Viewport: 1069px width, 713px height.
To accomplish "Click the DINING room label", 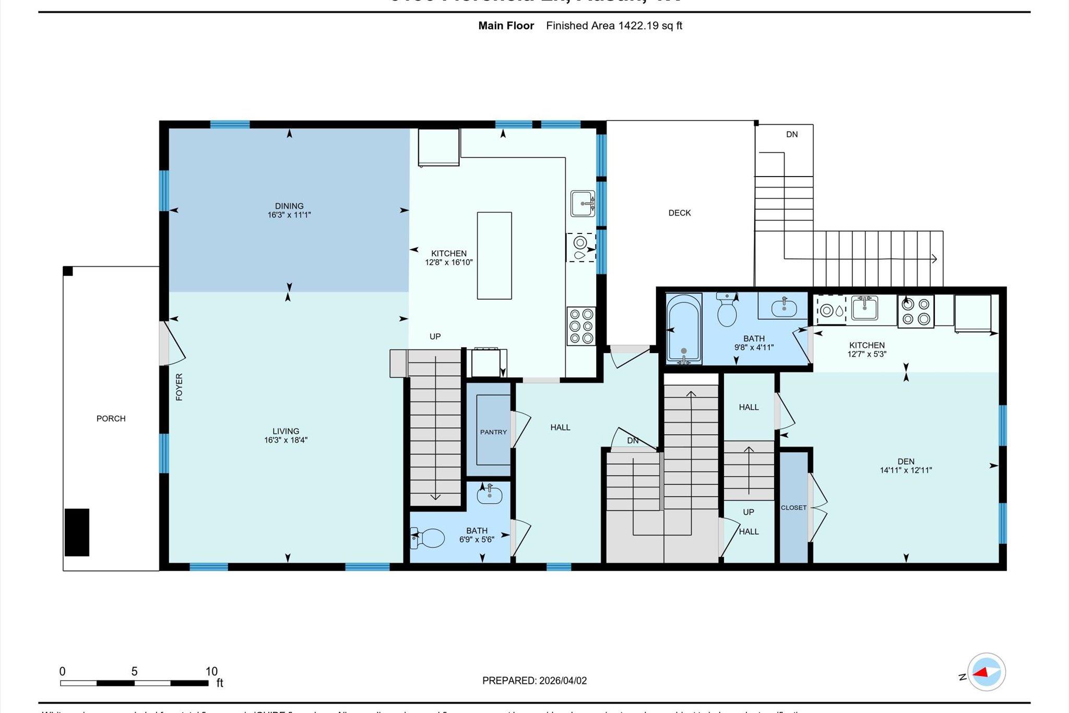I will click(x=289, y=206).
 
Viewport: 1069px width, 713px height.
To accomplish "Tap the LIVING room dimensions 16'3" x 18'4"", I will click(x=286, y=440).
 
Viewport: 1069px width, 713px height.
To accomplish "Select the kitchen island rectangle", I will click(x=494, y=255).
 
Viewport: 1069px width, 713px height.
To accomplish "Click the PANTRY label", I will click(x=493, y=432).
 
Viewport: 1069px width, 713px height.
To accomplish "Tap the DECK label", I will click(x=679, y=213).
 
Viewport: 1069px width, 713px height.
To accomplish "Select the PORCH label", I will click(x=111, y=418).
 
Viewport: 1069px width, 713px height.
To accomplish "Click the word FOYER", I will click(x=179, y=387).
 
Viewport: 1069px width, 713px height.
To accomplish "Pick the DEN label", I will click(x=906, y=461).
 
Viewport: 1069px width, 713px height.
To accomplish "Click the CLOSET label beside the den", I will click(x=793, y=508).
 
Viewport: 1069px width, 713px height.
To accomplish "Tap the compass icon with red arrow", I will click(x=986, y=672).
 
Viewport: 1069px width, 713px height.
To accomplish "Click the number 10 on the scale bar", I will click(x=211, y=672).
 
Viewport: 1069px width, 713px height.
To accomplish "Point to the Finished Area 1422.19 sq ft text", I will click(x=614, y=26).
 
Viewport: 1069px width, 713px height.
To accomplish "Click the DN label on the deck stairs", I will click(x=792, y=134).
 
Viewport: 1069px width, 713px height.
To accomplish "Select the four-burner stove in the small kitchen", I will click(x=916, y=312).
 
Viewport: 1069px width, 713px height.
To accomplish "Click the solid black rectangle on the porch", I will click(x=77, y=532).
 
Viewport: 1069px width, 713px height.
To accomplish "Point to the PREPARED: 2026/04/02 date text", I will click(x=534, y=681).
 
